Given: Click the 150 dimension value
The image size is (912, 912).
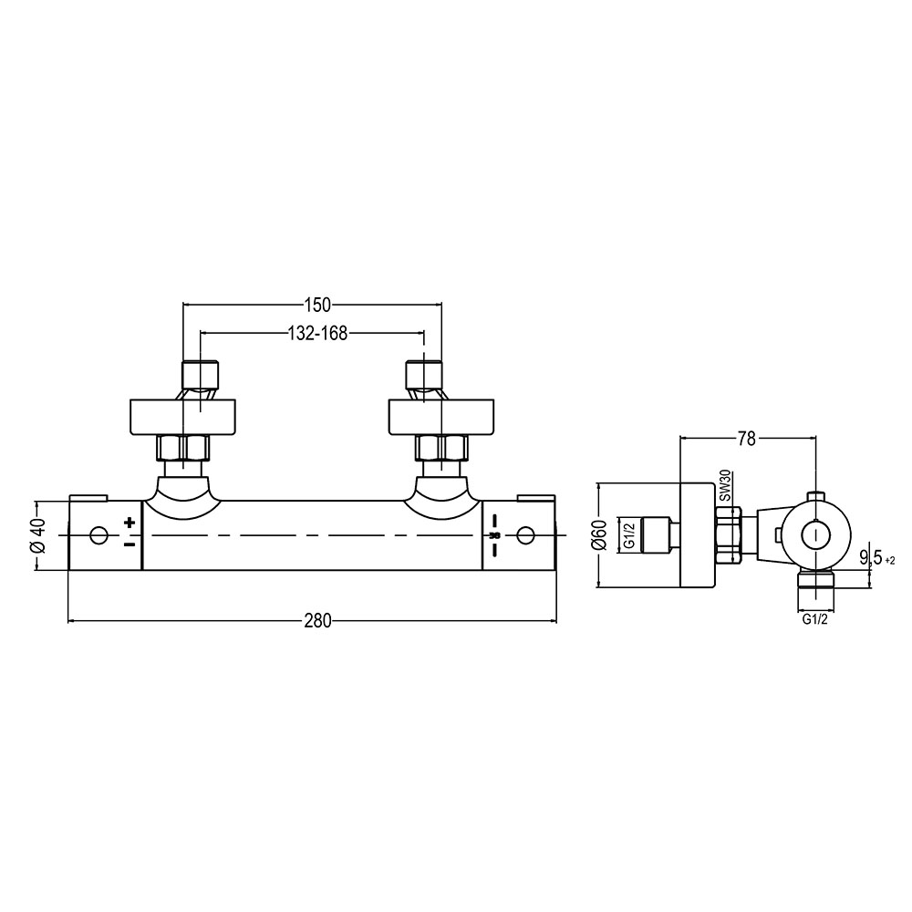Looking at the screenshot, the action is click(317, 305).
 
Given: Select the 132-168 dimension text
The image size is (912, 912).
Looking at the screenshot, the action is click(317, 333).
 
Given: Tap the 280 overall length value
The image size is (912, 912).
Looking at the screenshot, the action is click(317, 621).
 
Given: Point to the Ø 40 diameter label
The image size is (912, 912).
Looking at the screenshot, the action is click(38, 535).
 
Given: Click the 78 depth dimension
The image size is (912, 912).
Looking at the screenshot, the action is click(746, 440).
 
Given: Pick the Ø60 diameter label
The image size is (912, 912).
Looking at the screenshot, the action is click(600, 534).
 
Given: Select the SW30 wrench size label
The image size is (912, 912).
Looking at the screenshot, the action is click(724, 486).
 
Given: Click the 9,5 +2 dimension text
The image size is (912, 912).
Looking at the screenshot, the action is click(877, 559).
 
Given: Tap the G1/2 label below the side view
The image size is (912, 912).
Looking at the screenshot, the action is click(814, 619).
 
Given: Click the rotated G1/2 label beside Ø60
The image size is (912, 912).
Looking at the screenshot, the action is click(628, 535).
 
